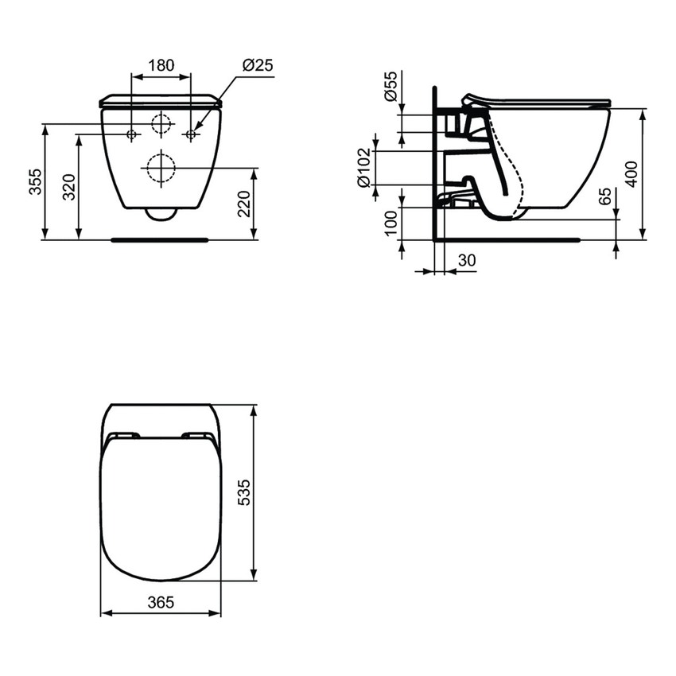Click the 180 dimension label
pyautogui.click(x=161, y=66)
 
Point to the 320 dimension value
pyautogui.click(x=69, y=186)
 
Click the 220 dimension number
pyautogui.click(x=244, y=204)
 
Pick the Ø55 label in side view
pyautogui.click(x=390, y=85)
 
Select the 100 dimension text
pyautogui.click(x=390, y=223)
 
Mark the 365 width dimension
pyautogui.click(x=161, y=603)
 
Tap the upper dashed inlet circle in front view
pyautogui.click(x=161, y=124)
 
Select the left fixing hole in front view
pyautogui.click(x=132, y=134)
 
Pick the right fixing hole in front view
pyautogui.click(x=191, y=134)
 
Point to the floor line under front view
pyautogui.click(x=160, y=239)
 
